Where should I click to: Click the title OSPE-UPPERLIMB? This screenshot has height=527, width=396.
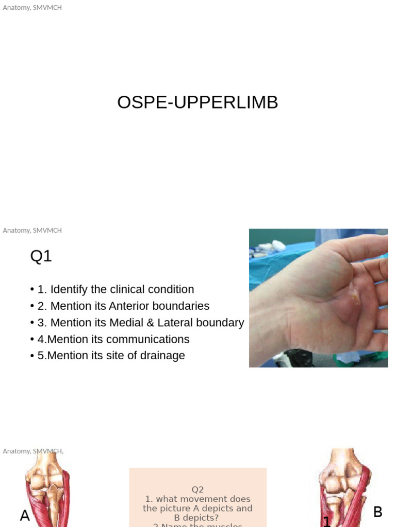(x=197, y=102)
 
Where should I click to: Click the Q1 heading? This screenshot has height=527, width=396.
(x=41, y=256)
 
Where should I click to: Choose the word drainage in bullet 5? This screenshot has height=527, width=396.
(x=161, y=356)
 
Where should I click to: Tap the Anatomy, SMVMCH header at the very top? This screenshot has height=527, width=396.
(x=32, y=8)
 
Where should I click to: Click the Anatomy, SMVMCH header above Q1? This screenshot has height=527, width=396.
(x=32, y=231)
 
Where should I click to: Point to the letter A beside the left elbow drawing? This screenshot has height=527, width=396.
(x=25, y=515)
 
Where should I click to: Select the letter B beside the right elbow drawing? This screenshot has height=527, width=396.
(x=377, y=512)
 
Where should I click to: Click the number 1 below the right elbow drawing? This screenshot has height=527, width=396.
(x=326, y=521)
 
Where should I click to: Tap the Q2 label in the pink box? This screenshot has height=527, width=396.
(x=197, y=489)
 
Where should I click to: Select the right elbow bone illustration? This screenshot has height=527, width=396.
(x=343, y=486)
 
